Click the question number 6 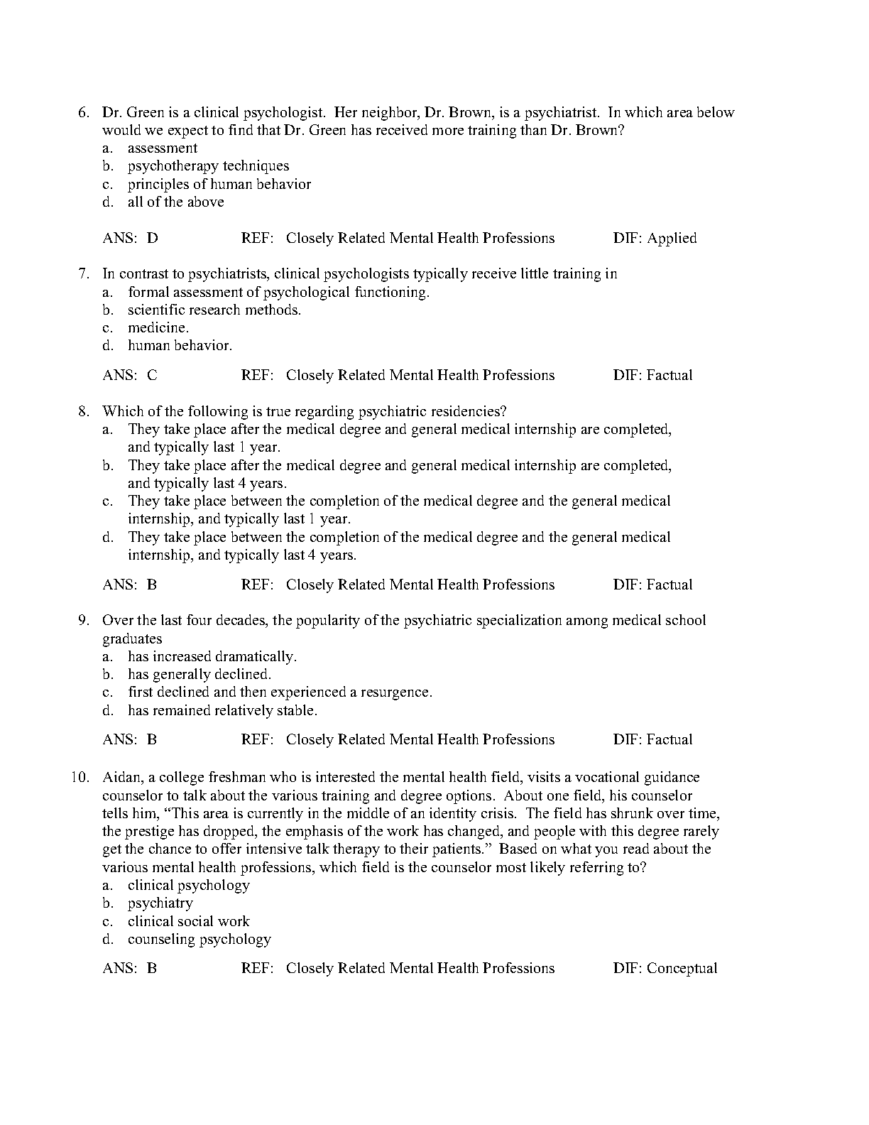82,112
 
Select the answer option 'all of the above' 175,202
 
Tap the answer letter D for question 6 153,239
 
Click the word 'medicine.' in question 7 158,328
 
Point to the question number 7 82,274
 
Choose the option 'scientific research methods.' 214,310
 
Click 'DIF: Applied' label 655,239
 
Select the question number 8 82,411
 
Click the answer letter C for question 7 153,376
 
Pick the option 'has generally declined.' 200,675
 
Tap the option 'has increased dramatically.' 212,657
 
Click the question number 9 82,621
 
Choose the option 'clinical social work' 189,922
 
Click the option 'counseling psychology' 200,940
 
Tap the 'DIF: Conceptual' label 665,969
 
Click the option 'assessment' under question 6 163,148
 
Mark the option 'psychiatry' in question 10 160,903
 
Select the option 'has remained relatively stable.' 222,711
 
